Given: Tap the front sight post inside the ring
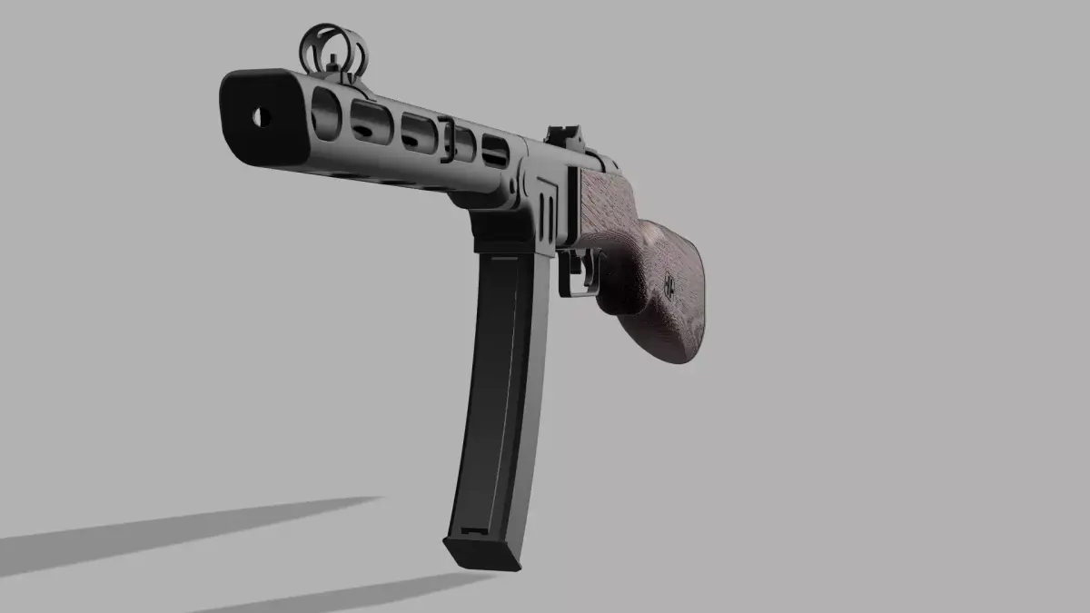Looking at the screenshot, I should [x=333, y=59].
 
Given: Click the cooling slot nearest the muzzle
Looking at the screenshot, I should [x=324, y=109].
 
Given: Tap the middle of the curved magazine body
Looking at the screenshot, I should [x=495, y=391].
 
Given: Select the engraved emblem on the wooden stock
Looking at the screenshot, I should [x=669, y=283].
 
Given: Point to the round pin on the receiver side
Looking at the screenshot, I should [x=513, y=186].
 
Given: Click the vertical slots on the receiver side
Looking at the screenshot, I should [x=548, y=204].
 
